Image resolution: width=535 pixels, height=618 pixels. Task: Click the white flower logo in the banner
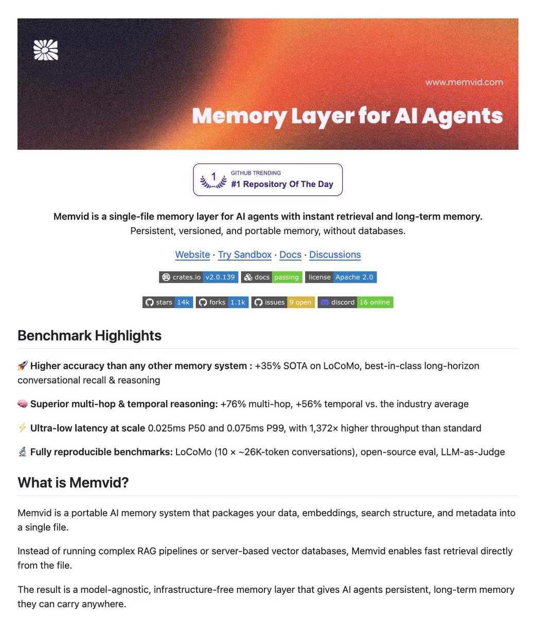46,50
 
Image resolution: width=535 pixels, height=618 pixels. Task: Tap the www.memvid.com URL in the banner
464,82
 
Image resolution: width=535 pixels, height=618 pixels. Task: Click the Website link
192,254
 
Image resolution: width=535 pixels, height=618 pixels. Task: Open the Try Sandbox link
245,254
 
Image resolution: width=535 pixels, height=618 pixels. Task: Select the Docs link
290,254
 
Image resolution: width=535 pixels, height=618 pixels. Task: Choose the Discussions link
335,254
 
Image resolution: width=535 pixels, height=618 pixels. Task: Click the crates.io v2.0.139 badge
199,277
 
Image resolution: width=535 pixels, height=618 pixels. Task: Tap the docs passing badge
272,277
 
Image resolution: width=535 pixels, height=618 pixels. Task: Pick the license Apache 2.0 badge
341,277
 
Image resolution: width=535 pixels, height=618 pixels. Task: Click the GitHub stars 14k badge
168,302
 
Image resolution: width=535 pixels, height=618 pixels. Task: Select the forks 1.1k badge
222,302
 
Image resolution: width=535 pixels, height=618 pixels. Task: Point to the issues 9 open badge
283,302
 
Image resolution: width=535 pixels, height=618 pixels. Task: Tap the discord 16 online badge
355,302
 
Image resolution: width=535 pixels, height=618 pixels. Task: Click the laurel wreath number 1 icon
213,180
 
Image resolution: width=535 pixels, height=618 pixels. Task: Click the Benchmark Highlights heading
90,336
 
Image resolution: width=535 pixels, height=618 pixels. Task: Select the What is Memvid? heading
73,483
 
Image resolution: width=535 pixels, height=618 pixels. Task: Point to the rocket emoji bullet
23,366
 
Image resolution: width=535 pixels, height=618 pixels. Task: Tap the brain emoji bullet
23,404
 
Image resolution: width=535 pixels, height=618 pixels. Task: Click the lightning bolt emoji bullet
23,428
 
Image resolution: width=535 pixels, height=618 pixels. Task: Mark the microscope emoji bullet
23,452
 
